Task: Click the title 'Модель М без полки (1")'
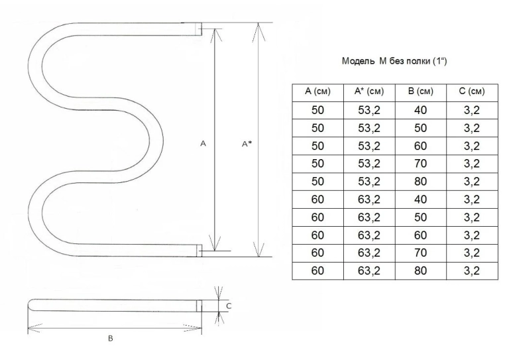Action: coord(394,61)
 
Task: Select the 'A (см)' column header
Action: coord(317,91)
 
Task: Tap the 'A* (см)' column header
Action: coord(369,91)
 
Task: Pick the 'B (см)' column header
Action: coord(421,91)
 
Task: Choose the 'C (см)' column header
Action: coord(472,91)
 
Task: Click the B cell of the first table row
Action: coord(421,110)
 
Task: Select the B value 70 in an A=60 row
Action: coord(421,253)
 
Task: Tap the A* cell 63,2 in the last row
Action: coord(369,270)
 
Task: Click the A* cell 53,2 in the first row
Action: coord(369,110)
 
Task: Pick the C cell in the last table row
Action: coord(472,270)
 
